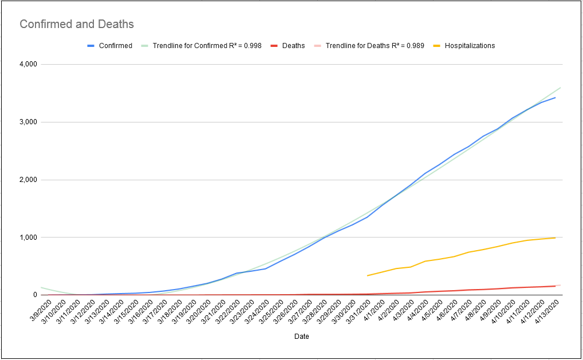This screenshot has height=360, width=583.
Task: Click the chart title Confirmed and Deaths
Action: click(x=77, y=24)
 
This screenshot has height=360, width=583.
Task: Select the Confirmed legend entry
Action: click(x=110, y=46)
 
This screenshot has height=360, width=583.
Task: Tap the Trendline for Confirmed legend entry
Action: click(x=201, y=46)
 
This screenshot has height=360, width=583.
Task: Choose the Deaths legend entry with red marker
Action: click(x=287, y=46)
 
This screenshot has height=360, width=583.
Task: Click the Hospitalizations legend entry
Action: click(x=464, y=46)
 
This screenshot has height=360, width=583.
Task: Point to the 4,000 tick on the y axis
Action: click(x=28, y=64)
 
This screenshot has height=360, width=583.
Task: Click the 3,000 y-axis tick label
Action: click(x=28, y=122)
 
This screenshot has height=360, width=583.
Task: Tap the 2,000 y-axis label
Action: click(x=28, y=180)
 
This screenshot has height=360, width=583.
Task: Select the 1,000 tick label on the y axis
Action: click(x=28, y=238)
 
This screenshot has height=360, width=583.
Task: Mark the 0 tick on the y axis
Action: click(x=36, y=295)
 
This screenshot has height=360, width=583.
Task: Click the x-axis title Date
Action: click(x=302, y=337)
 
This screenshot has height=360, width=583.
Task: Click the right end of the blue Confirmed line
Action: click(x=555, y=98)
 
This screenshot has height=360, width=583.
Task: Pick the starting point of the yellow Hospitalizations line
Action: click(x=367, y=276)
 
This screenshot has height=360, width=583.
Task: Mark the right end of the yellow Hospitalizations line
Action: click(x=555, y=238)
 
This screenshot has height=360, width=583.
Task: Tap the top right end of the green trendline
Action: click(x=560, y=88)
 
